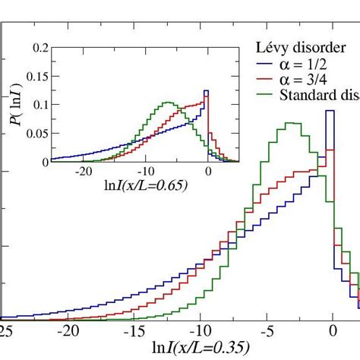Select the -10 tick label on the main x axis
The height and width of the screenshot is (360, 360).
(200, 331)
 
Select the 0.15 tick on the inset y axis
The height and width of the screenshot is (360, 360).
(51, 76)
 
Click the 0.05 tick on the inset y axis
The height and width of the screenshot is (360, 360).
(51, 133)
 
